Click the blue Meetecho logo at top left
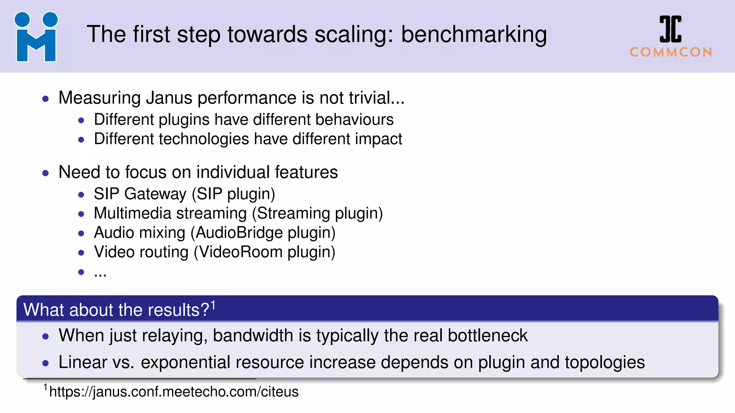pyautogui.click(x=36, y=37)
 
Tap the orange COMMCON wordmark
pyautogui.click(x=671, y=52)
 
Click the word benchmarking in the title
pyautogui.click(x=474, y=35)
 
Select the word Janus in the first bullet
pyautogui.click(x=169, y=98)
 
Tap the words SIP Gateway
pyautogui.click(x=140, y=194)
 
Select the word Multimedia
pyautogui.click(x=132, y=213)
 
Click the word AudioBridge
pyautogui.click(x=239, y=233)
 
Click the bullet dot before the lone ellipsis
pyautogui.click(x=81, y=272)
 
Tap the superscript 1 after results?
pyautogui.click(x=213, y=305)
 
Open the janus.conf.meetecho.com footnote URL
pyautogui.click(x=174, y=392)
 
